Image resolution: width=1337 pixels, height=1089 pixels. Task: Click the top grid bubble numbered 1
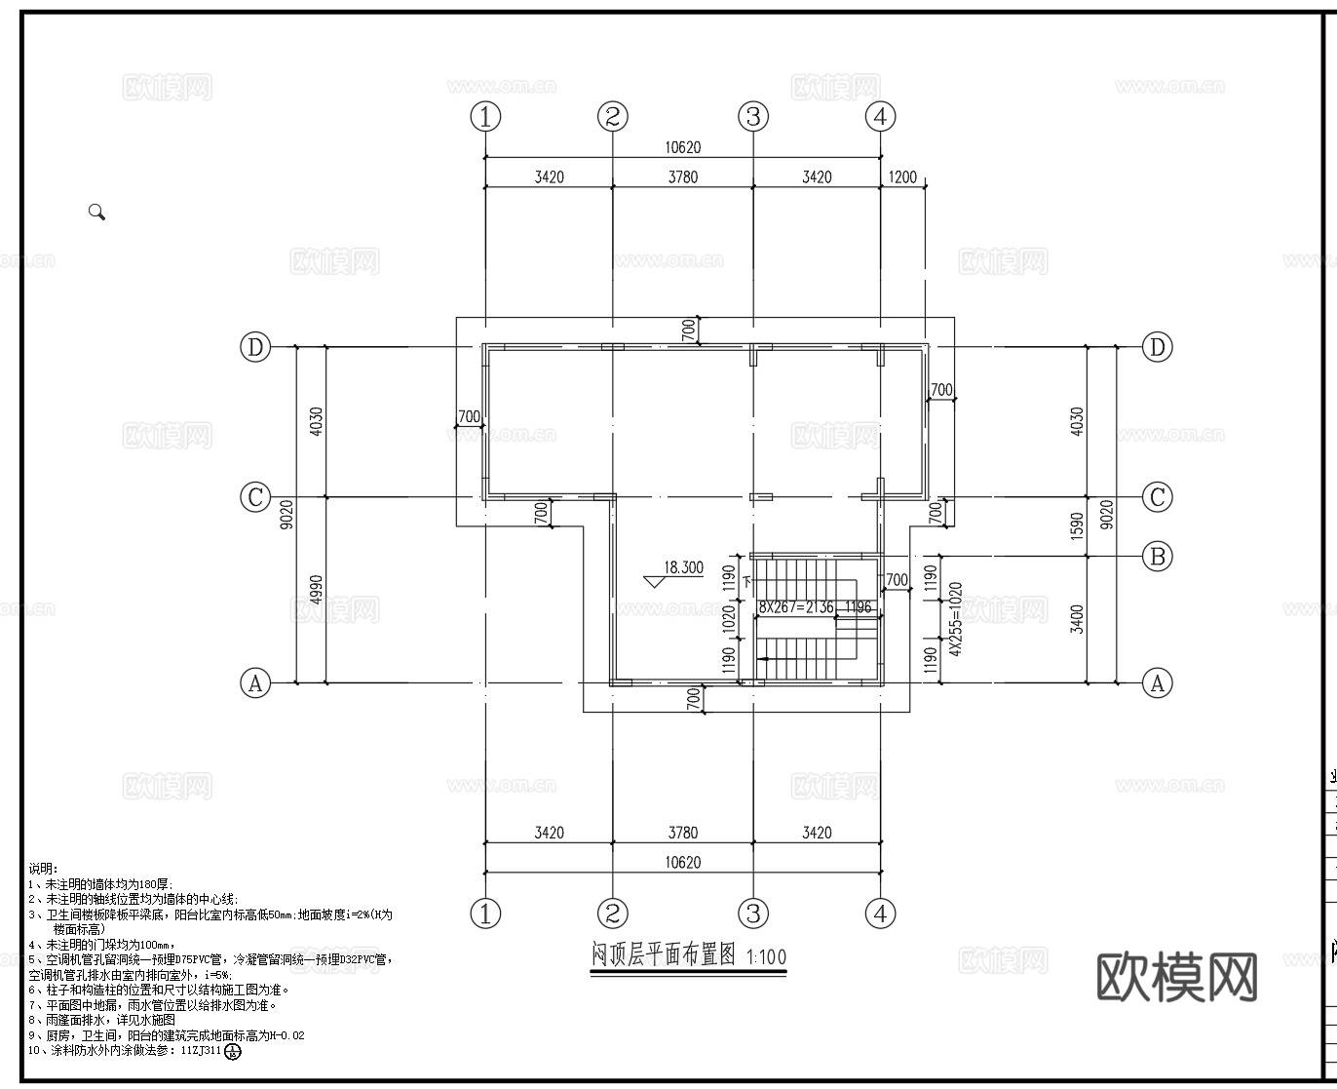[485, 117]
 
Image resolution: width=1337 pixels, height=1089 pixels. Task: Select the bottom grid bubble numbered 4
[880, 914]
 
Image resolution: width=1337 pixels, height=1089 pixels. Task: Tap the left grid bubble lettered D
[255, 347]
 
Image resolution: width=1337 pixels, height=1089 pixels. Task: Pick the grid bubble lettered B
[1157, 557]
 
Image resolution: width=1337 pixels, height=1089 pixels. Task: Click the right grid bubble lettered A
[1157, 683]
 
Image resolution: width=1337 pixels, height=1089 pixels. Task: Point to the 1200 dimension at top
[902, 176]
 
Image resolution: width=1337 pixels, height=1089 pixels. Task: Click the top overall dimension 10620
[682, 148]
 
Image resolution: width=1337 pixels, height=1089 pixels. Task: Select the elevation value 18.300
[683, 566]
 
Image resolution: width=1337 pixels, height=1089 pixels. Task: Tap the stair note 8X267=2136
[797, 607]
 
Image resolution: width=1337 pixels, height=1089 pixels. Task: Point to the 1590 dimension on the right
[1076, 526]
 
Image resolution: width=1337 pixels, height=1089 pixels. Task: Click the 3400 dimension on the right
[1076, 619]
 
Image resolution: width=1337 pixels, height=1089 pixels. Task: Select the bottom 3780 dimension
[682, 833]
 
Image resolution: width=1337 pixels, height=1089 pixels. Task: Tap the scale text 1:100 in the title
[766, 956]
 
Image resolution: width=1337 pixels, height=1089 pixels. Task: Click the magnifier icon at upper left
[96, 212]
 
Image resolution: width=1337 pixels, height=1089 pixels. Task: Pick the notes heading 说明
[43, 868]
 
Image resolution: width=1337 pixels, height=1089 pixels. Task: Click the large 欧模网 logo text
[1177, 976]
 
